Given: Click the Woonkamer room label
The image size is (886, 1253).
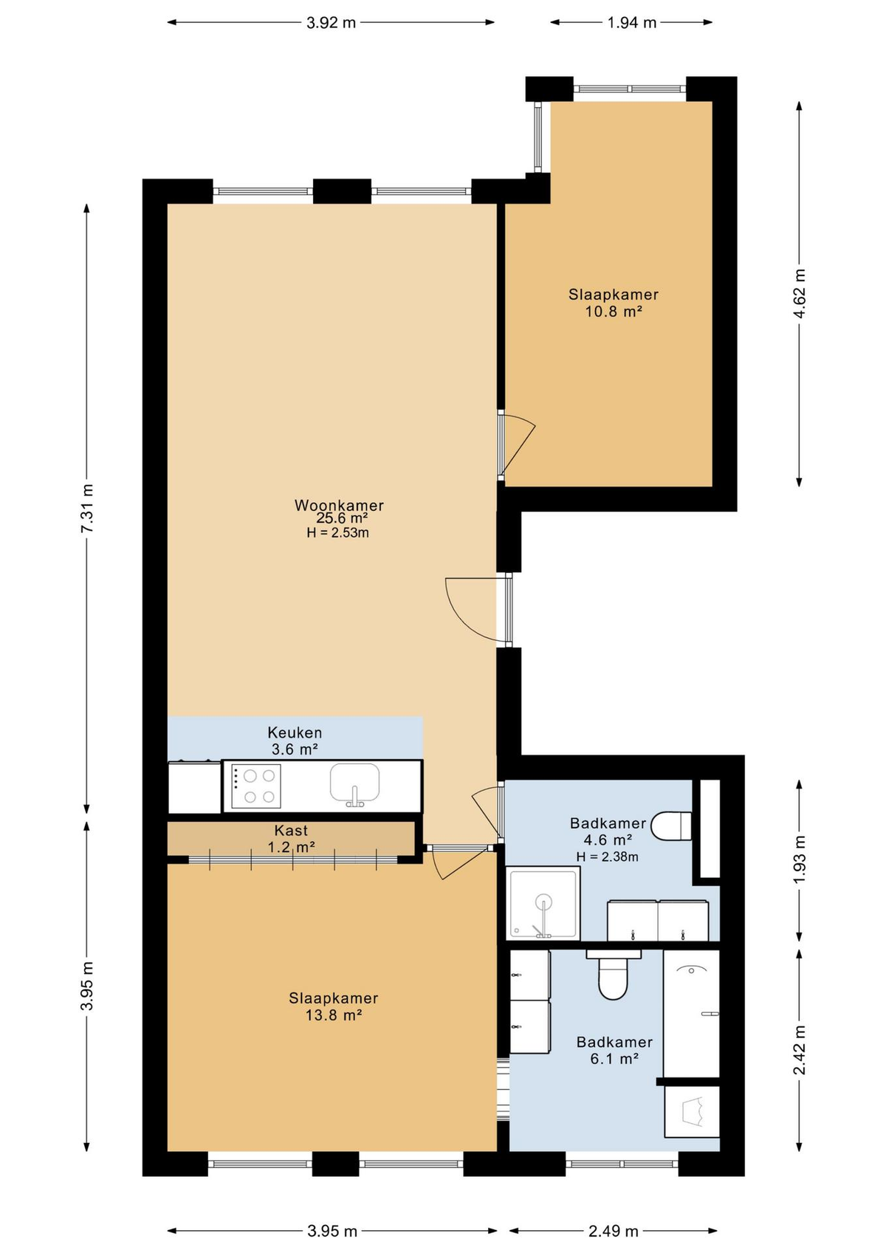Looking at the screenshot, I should tap(339, 506).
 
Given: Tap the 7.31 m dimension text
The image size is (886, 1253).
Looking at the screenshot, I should tap(87, 509).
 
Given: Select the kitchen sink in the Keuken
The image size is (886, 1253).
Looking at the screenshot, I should tap(354, 783).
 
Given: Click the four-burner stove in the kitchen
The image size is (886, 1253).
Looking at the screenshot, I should tap(255, 786).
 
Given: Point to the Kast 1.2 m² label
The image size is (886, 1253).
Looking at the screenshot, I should tap(291, 839).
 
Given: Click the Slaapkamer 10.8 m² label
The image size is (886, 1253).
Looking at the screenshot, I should tap(613, 303).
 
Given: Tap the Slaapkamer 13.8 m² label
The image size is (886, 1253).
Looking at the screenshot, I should tap(333, 1006).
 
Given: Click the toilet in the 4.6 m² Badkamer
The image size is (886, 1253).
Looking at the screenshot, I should tap(673, 826).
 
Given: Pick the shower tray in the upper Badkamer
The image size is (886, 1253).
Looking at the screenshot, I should tap(543, 903).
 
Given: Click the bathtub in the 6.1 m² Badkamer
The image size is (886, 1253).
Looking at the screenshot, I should tap(691, 1013).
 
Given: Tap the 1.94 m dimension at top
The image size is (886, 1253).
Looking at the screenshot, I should tap(631, 23).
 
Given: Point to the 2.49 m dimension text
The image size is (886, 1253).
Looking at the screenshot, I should tap(613, 1231).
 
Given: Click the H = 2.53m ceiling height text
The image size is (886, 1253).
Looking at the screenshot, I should tap(337, 532).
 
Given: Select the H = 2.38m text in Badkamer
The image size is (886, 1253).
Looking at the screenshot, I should tap(607, 856).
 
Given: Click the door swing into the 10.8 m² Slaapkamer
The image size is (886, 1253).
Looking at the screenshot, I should tap(518, 443).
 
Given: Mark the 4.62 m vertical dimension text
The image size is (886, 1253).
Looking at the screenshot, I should tap(799, 294).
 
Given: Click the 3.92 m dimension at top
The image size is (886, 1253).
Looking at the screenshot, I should tap(331, 23).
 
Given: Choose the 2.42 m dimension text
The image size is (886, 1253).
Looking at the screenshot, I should tap(799, 1050).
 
